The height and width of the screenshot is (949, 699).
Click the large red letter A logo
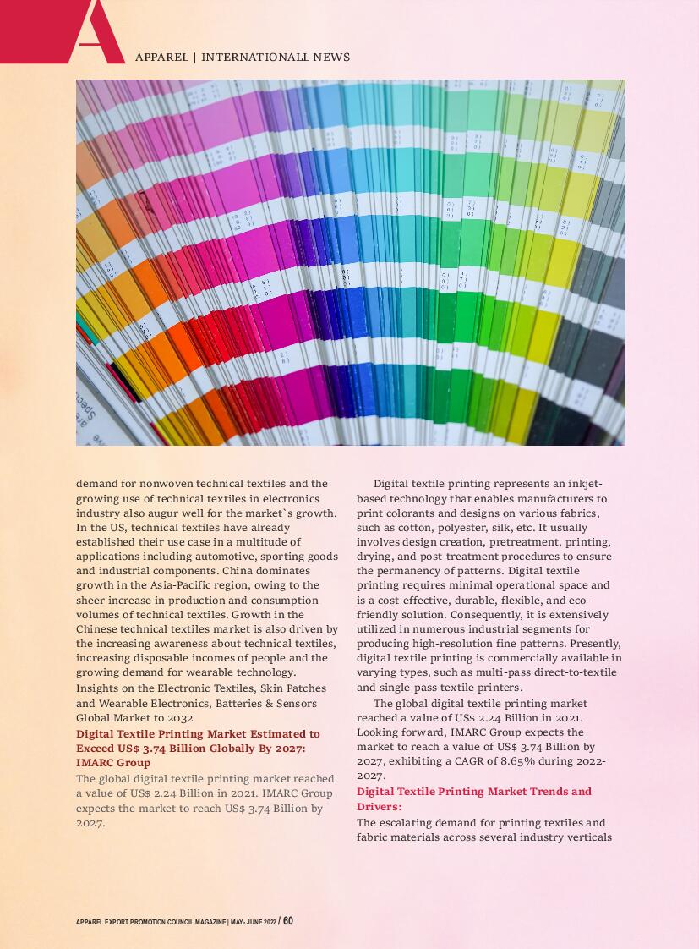click(93, 32)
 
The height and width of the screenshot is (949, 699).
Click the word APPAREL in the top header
click(161, 58)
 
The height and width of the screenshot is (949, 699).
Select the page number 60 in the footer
click(288, 920)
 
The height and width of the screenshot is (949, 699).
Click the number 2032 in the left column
click(179, 718)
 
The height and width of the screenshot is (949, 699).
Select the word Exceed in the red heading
click(95, 749)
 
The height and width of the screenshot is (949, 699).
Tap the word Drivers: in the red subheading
click(379, 807)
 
